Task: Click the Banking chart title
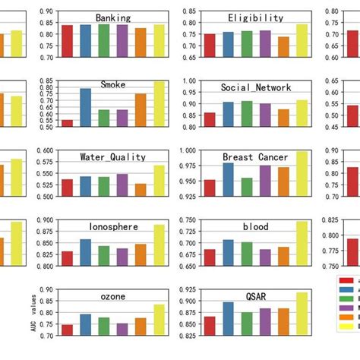(x=112, y=17)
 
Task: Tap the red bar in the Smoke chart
(x=68, y=122)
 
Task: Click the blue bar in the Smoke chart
(x=86, y=107)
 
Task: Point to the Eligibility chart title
(x=255, y=17)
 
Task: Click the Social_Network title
(x=256, y=87)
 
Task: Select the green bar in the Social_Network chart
(x=247, y=113)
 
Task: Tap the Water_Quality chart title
(x=112, y=157)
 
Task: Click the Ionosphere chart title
(x=112, y=226)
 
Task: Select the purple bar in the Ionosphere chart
(x=122, y=257)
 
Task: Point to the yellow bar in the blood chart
(x=302, y=244)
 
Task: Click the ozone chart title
(x=112, y=296)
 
